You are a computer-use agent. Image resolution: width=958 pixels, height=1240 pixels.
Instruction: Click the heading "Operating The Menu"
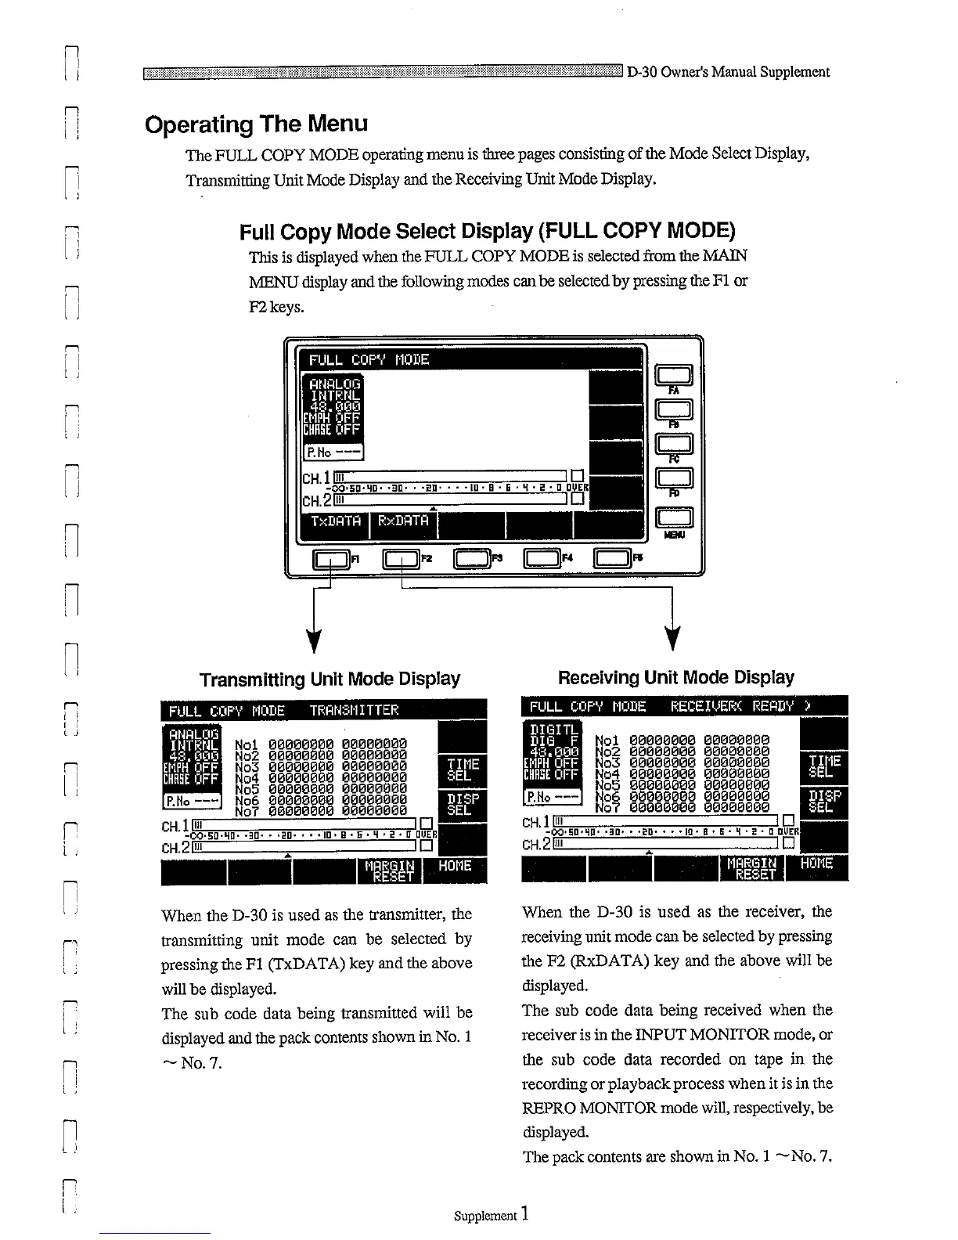256,124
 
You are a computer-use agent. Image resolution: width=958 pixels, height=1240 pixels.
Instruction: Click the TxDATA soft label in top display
336,521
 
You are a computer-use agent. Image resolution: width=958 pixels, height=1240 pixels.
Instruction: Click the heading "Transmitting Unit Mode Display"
330,678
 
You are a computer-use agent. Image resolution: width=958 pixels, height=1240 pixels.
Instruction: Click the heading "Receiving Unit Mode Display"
675,677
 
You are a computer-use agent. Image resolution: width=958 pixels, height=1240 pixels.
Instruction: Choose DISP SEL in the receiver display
825,801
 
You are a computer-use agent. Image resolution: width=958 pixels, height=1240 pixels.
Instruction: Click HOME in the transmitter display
455,866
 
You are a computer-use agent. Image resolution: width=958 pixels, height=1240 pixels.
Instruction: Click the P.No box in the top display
333,452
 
